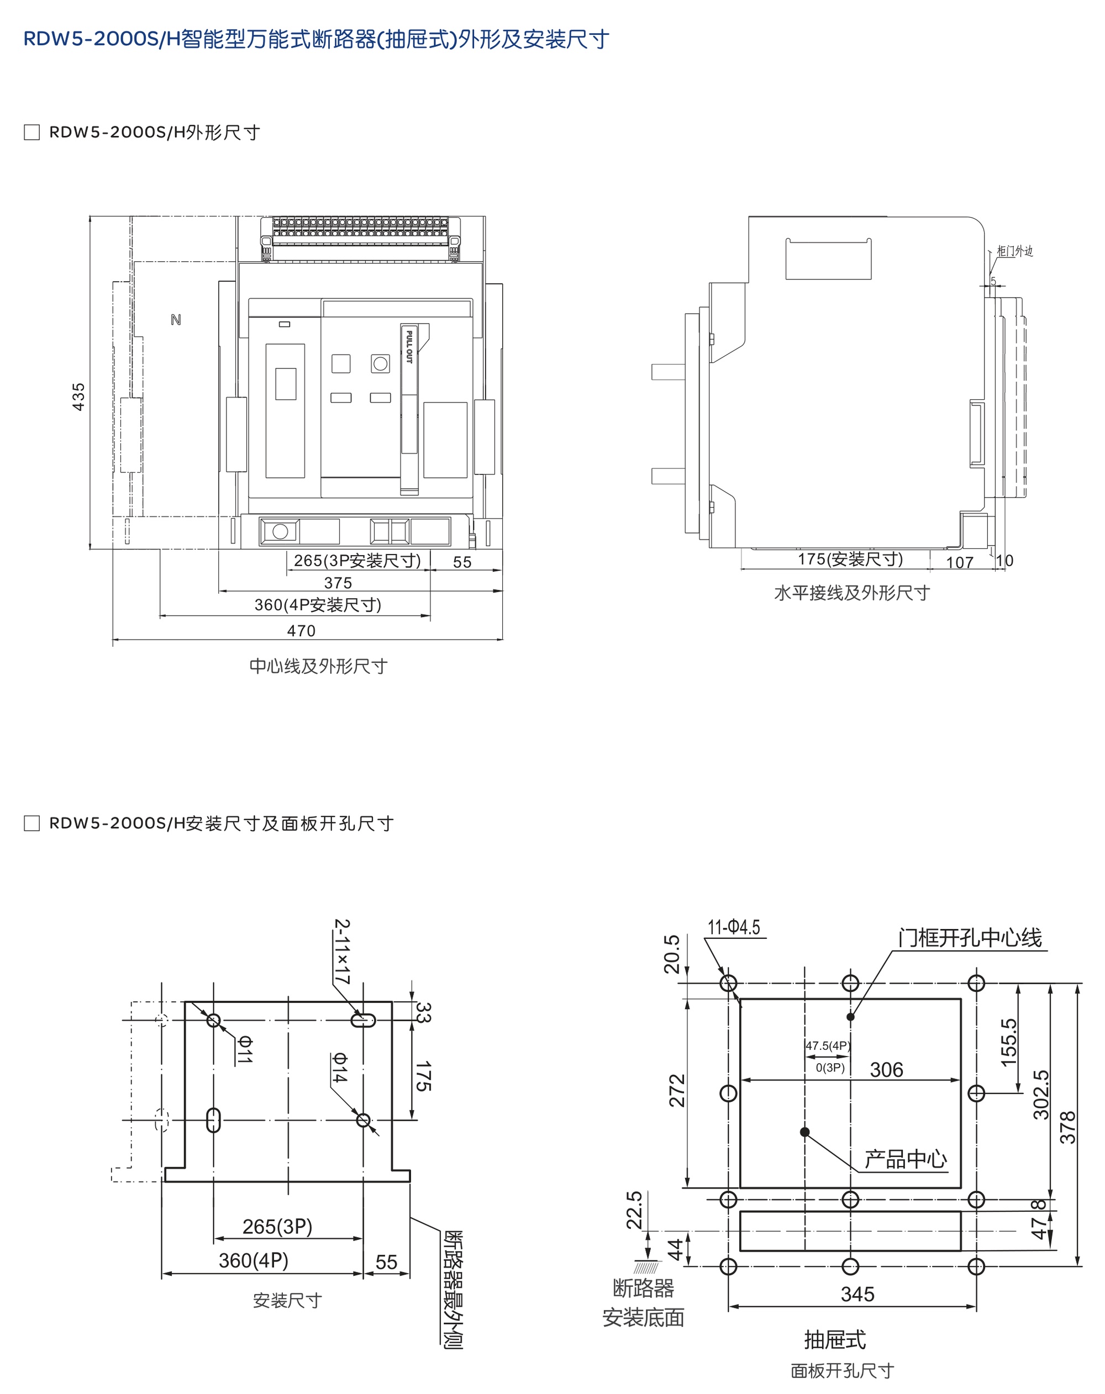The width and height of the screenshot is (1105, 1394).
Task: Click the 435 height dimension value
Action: tap(78, 397)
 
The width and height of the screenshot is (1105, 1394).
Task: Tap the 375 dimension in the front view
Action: tap(338, 583)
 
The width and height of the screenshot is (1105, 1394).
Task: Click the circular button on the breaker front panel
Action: tap(381, 363)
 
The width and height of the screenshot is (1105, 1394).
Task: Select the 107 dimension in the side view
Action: tap(960, 562)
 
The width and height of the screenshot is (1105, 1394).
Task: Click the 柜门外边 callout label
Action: tap(1014, 251)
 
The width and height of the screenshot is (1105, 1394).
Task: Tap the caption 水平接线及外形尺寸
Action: tap(851, 593)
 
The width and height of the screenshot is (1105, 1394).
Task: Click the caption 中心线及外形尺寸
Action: tap(318, 666)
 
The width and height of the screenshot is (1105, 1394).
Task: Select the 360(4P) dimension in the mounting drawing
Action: tap(254, 1260)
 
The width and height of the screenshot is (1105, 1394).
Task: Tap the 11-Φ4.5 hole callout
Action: tap(734, 927)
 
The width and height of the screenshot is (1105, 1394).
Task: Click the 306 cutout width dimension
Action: tap(886, 1070)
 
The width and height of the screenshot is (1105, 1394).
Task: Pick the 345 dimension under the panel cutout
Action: tap(857, 1294)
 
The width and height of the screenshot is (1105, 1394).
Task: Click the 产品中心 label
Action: tap(905, 1159)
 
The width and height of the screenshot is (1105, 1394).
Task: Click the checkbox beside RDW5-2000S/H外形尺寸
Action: tap(31, 133)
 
